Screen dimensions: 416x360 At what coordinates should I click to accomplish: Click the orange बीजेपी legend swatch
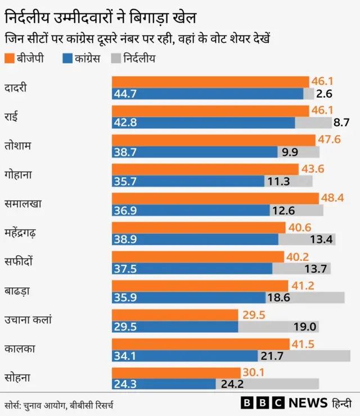[10, 58]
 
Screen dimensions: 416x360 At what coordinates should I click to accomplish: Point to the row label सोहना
[17, 378]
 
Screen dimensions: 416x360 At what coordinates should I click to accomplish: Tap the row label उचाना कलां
[28, 320]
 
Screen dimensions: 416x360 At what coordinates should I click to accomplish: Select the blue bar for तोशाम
[195, 152]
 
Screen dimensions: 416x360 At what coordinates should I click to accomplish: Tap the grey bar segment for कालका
[304, 356]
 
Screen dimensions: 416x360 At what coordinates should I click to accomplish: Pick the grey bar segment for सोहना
[267, 385]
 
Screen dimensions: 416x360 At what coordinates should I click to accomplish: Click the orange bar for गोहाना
[205, 169]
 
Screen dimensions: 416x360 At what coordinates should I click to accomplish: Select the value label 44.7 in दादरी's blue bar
[125, 94]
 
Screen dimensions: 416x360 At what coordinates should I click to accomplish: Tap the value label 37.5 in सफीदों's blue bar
[125, 269]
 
